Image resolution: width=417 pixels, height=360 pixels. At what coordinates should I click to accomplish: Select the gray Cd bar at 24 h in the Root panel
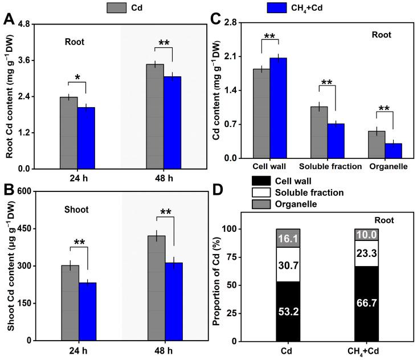[68, 133]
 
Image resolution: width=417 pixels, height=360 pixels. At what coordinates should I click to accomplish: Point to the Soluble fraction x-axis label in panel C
[330, 167]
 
